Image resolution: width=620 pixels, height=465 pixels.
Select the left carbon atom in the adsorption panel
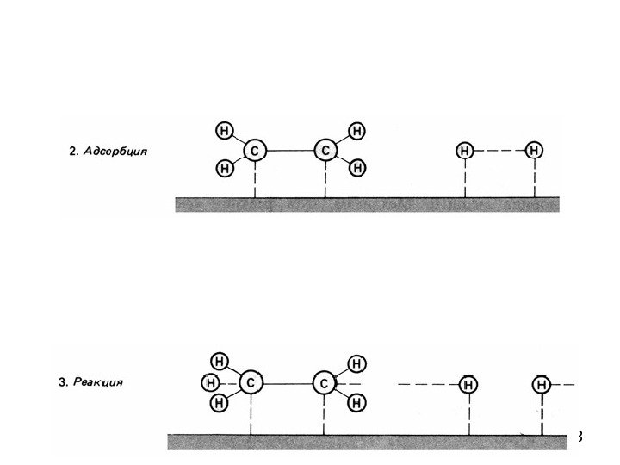click(255, 151)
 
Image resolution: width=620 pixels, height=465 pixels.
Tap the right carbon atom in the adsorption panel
click(325, 151)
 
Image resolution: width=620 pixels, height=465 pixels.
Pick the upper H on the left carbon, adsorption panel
click(224, 132)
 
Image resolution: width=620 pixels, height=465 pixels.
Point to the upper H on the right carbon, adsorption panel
click(356, 132)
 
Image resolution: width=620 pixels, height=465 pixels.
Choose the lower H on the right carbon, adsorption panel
click(356, 168)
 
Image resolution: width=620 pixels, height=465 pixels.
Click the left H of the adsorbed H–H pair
click(465, 151)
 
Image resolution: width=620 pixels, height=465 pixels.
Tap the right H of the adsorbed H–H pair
click(535, 151)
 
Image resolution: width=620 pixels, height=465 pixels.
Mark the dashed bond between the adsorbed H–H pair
click(499, 151)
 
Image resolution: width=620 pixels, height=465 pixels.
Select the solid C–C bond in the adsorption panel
click(290, 151)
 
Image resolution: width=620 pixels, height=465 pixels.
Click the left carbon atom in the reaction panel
click(250, 381)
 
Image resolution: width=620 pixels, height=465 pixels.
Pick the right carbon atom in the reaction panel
click(323, 381)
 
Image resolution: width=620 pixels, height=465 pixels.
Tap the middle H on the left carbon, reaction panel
click(209, 381)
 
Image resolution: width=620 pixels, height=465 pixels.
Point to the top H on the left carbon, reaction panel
click(220, 362)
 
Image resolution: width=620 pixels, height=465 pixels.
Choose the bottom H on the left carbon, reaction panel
click(220, 401)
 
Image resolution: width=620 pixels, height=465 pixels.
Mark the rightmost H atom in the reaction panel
click(542, 383)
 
